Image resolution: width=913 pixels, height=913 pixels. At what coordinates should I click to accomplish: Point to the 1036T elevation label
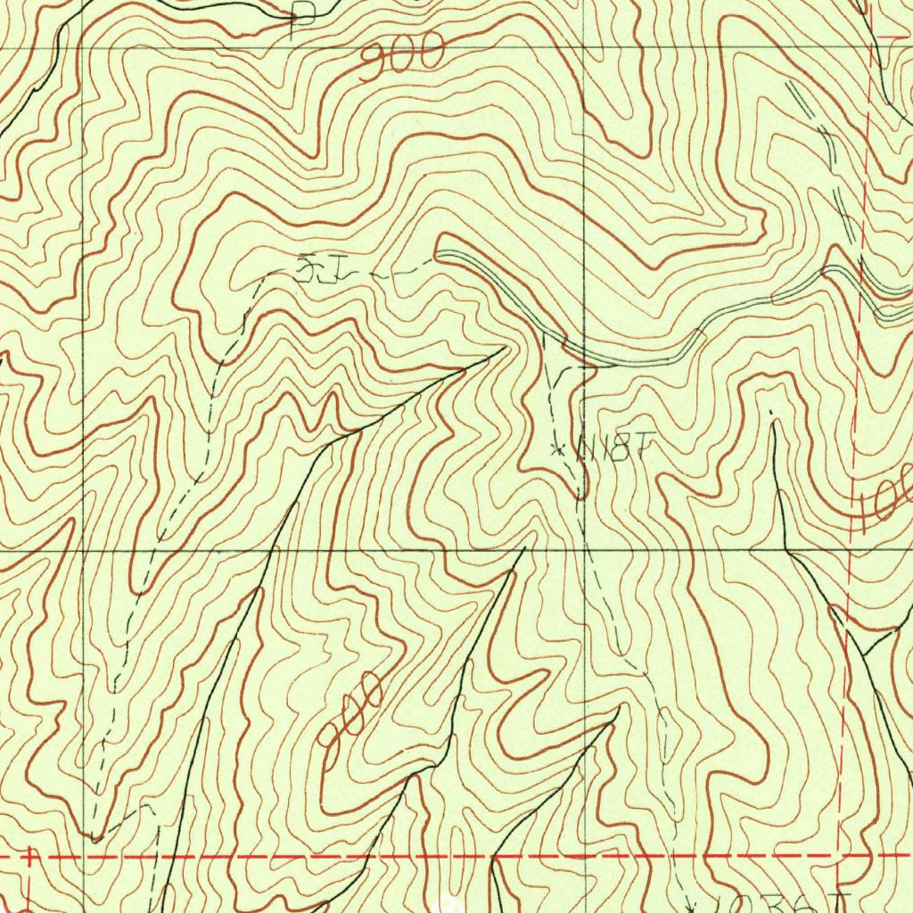[x=789, y=902]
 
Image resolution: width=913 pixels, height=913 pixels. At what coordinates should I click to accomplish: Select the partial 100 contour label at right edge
[x=886, y=499]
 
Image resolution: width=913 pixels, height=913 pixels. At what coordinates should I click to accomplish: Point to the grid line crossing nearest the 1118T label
[x=584, y=550]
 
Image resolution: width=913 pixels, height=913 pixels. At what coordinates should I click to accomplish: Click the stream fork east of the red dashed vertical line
[x=865, y=655]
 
